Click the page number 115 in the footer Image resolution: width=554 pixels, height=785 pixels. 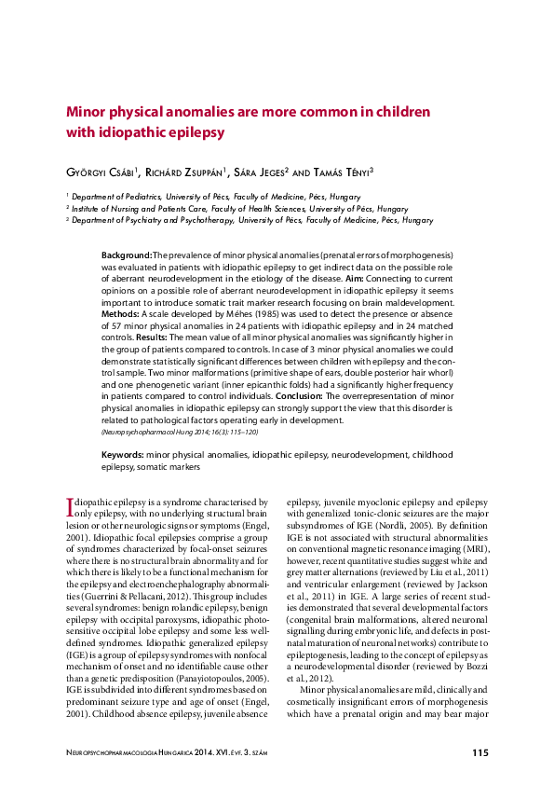480,752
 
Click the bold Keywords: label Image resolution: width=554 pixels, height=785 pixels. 124,454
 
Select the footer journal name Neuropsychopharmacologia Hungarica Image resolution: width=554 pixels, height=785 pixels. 168,752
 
